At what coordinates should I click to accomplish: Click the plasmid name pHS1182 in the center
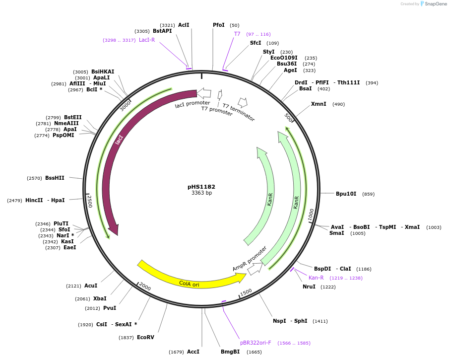201,187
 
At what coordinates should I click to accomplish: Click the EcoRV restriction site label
145,338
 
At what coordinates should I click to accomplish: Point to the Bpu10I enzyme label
346,194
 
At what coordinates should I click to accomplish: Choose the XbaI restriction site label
100,298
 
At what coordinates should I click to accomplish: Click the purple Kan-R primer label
316,278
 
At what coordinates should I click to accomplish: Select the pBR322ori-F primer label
256,343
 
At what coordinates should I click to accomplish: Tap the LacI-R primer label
147,40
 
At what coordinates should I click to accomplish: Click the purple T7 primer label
237,34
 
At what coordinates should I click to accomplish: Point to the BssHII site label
55,178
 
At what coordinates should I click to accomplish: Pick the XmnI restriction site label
319,104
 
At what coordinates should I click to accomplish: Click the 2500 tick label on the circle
90,202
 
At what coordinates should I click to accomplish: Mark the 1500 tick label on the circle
246,292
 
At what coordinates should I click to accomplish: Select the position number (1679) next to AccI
176,352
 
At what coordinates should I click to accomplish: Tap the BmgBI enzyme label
230,352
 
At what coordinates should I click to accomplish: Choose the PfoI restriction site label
219,25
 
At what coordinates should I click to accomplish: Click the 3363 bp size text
201,193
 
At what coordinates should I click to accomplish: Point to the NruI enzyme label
309,287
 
